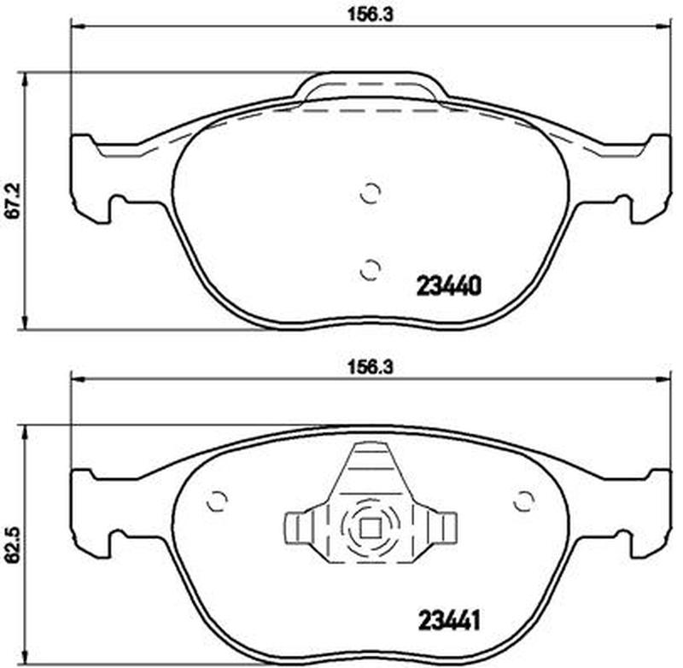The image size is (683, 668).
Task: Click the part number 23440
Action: coord(449,286)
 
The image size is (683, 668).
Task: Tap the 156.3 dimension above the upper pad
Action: coord(370,15)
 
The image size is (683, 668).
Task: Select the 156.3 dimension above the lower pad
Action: coord(370,367)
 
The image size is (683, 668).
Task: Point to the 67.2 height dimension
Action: coord(15,201)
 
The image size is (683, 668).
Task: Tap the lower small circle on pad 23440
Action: coord(371,270)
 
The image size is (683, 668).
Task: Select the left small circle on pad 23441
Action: coord(217,501)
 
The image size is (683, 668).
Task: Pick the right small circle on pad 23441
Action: coord(523,501)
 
